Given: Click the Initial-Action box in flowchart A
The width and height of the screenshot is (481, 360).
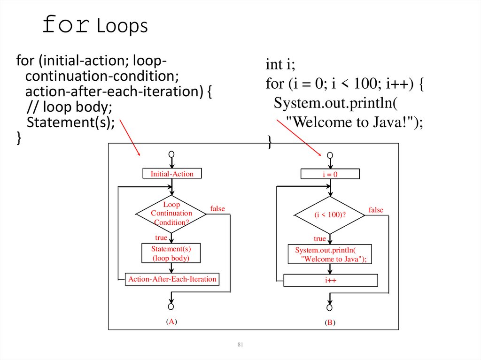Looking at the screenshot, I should tap(171, 174).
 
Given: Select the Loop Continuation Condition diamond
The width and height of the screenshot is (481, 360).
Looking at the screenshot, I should tap(171, 214).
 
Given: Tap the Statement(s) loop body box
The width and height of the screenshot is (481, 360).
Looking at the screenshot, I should tap(171, 253).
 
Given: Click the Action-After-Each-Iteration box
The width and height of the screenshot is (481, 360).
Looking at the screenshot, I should tap(172, 279).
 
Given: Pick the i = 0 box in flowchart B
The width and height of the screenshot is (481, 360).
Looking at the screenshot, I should tap(330, 175).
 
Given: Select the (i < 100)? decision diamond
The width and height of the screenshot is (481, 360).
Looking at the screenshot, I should tap(329, 215).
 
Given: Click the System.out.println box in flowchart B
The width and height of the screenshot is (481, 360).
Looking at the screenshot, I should tap(330, 254).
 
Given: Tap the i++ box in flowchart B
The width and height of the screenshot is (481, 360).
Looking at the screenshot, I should tap(331, 281).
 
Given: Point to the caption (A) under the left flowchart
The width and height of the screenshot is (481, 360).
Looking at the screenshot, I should tap(171, 322).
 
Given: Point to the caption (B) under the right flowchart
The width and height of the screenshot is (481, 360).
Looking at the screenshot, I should tap(329, 323).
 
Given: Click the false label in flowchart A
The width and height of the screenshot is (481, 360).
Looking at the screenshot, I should tap(217, 208).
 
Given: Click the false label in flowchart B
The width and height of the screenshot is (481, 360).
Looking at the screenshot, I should tap(376, 210).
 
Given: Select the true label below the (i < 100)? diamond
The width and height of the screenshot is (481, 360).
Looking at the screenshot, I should tap(320, 239).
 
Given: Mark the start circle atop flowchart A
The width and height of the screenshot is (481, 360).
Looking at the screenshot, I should tap(171, 154).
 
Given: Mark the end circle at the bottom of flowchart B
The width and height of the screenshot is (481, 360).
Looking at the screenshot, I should tap(329, 307).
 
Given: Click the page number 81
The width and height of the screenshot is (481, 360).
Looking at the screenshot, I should tap(240, 345).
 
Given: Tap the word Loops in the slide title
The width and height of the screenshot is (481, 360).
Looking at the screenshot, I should tap(123, 27).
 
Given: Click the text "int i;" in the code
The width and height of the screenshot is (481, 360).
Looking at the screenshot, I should tap(281, 64).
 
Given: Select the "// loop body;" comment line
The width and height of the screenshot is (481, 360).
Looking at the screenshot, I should tap(70, 107).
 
